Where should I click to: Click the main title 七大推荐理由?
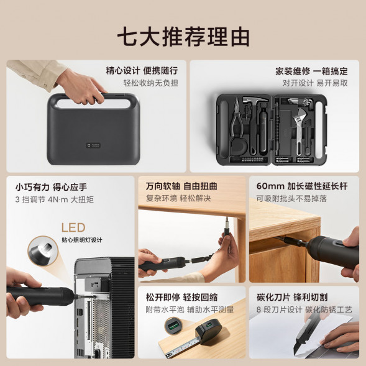tap(183, 36)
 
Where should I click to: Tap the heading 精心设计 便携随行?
tap(142, 71)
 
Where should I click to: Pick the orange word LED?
tap(73, 228)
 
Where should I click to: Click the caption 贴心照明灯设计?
tap(82, 240)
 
